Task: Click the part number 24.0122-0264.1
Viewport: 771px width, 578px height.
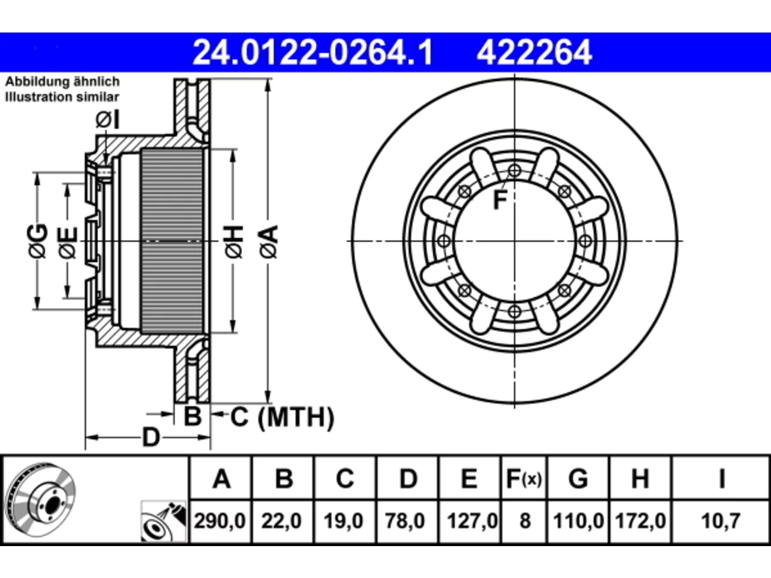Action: point(313,52)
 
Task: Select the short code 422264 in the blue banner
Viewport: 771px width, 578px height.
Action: point(534,52)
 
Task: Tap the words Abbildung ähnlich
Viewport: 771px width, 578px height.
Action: point(63,82)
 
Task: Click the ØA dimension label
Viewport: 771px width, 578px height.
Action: point(269,242)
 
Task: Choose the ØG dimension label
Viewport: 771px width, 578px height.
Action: point(37,241)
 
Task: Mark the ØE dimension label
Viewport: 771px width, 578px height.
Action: point(68,243)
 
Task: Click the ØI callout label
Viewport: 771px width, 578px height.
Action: point(108,120)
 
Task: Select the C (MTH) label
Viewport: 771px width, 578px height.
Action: point(282,417)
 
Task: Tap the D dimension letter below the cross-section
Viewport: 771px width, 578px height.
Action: point(151,437)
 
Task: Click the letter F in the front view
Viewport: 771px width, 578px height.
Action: point(500,200)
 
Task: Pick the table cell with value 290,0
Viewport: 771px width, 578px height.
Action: point(220,521)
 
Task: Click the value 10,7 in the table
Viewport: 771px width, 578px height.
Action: point(721,521)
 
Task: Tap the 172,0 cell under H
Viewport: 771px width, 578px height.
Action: point(640,521)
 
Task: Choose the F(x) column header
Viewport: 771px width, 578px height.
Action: point(524,479)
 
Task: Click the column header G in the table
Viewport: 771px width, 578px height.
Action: point(578,479)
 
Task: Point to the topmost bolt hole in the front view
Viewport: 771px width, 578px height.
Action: point(514,171)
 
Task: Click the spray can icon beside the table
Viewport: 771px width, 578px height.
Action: point(164,521)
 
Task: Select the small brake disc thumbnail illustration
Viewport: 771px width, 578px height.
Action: point(42,500)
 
